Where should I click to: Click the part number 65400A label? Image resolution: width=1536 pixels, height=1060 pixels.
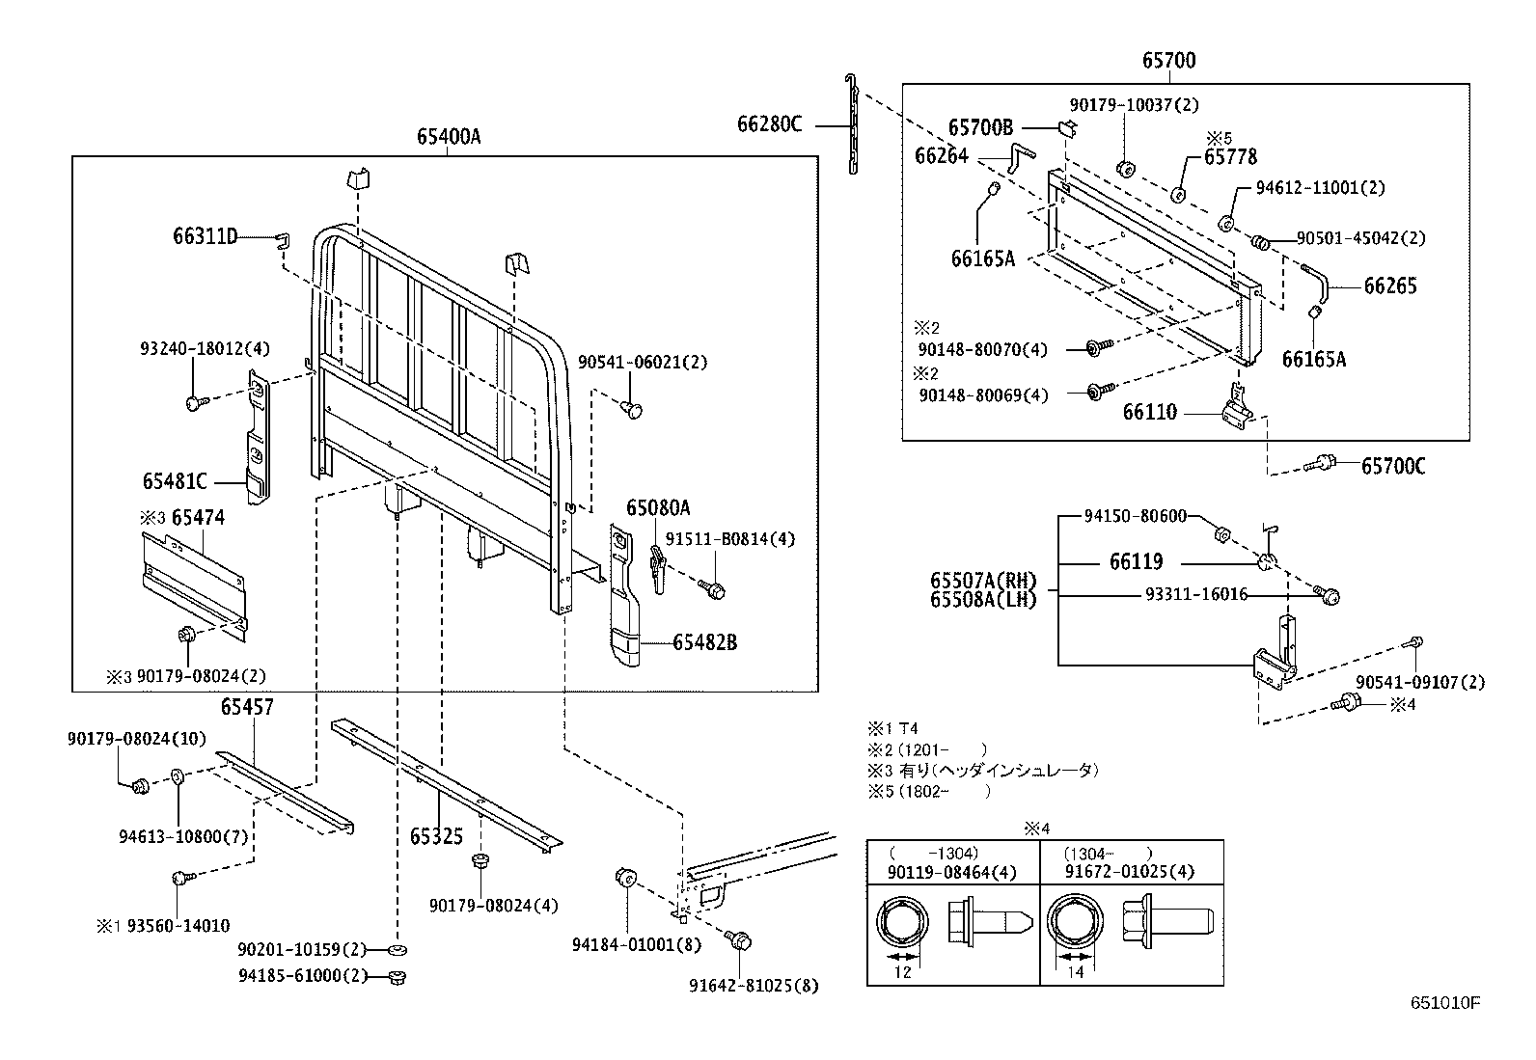click(449, 136)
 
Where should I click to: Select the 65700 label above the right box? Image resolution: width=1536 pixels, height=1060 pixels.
click(1168, 61)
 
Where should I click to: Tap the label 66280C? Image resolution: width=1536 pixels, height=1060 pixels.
click(769, 123)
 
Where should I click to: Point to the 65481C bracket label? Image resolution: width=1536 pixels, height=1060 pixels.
click(175, 480)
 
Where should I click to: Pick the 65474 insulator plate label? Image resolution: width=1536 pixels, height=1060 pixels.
click(198, 517)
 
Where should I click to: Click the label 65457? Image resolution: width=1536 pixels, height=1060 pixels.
click(247, 706)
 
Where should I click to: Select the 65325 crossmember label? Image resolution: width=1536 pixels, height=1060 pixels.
click(436, 835)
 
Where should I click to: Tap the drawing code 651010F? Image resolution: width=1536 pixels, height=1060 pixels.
click(1444, 1002)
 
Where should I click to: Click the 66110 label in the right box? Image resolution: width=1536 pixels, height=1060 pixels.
click(1149, 413)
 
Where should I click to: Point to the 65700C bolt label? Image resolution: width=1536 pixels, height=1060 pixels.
click(1393, 467)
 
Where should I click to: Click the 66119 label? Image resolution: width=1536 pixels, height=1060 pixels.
click(1136, 561)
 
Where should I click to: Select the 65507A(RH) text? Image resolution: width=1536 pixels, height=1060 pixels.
click(983, 581)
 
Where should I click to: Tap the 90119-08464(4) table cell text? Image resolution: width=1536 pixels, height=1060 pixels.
click(939, 872)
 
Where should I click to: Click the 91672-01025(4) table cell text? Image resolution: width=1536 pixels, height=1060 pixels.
click(1129, 872)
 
